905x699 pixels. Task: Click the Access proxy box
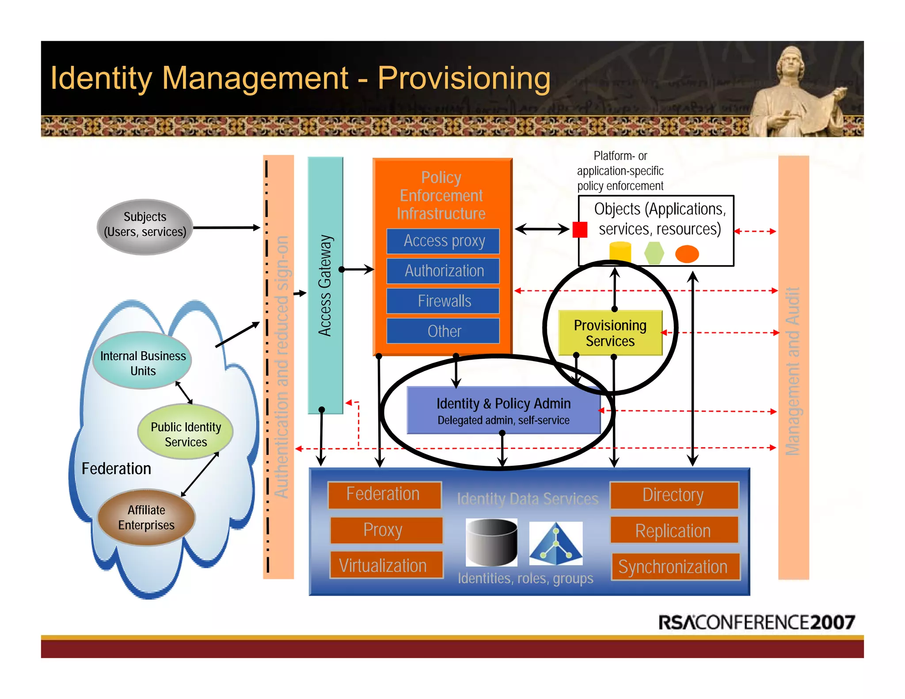click(x=443, y=241)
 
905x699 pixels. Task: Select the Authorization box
click(x=443, y=271)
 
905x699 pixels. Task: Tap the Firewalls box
click(x=443, y=301)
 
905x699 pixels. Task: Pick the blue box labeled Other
click(x=443, y=331)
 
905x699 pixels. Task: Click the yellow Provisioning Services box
click(x=610, y=333)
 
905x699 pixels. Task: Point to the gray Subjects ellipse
click(x=145, y=227)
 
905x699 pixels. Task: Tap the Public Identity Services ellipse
click(x=186, y=432)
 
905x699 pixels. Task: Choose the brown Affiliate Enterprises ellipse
click(x=146, y=517)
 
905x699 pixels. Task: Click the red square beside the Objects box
click(x=580, y=230)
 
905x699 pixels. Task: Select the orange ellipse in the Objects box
click(x=687, y=254)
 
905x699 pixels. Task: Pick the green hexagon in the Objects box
click(x=654, y=253)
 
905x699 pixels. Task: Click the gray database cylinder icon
click(x=491, y=543)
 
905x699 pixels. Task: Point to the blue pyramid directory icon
click(x=556, y=544)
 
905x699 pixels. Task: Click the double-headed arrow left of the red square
click(x=542, y=229)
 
